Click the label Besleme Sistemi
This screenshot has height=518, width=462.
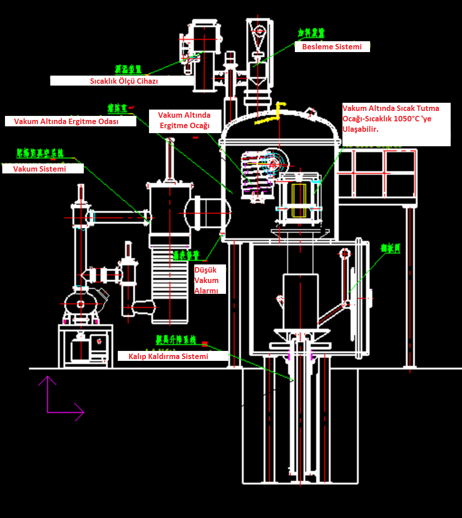[332, 47]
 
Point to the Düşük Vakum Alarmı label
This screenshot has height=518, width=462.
[207, 280]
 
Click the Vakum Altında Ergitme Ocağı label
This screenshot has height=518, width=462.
[184, 120]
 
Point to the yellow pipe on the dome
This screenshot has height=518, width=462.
[271, 115]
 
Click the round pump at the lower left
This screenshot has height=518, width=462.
[81, 304]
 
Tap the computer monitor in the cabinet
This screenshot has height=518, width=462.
[98, 341]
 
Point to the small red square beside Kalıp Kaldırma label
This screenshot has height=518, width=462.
[205, 344]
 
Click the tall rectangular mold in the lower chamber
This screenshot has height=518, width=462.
[298, 302]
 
